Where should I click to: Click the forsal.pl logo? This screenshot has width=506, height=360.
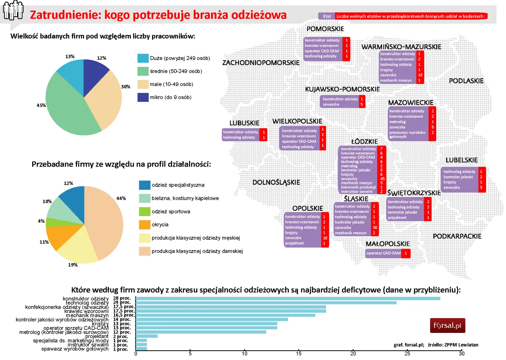point(447,325)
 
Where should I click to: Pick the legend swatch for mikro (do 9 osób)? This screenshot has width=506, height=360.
point(143,97)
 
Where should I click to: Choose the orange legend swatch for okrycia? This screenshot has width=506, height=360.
point(145,225)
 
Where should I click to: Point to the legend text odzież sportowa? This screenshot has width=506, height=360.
point(171,211)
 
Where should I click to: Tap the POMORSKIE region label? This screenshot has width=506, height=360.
point(325,29)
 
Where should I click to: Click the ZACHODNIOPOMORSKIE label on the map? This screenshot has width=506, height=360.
point(261,63)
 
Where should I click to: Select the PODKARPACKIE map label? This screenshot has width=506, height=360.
point(457,236)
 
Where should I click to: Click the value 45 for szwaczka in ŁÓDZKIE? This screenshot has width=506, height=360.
point(382,179)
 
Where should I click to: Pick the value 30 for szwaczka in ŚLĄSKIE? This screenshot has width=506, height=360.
point(375,228)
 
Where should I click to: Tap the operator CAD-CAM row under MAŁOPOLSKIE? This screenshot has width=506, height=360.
point(383,253)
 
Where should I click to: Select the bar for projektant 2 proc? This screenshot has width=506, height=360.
point(147,336)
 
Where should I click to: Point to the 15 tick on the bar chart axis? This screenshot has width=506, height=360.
point(299,353)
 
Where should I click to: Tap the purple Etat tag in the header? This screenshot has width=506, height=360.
point(327,16)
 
